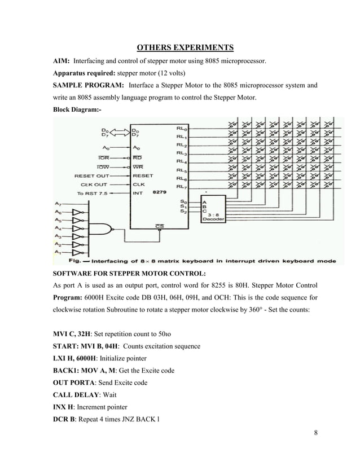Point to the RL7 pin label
182,186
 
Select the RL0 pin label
182,128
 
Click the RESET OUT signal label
93,175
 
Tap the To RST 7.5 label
94,193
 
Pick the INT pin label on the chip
138,193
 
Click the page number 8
315,433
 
